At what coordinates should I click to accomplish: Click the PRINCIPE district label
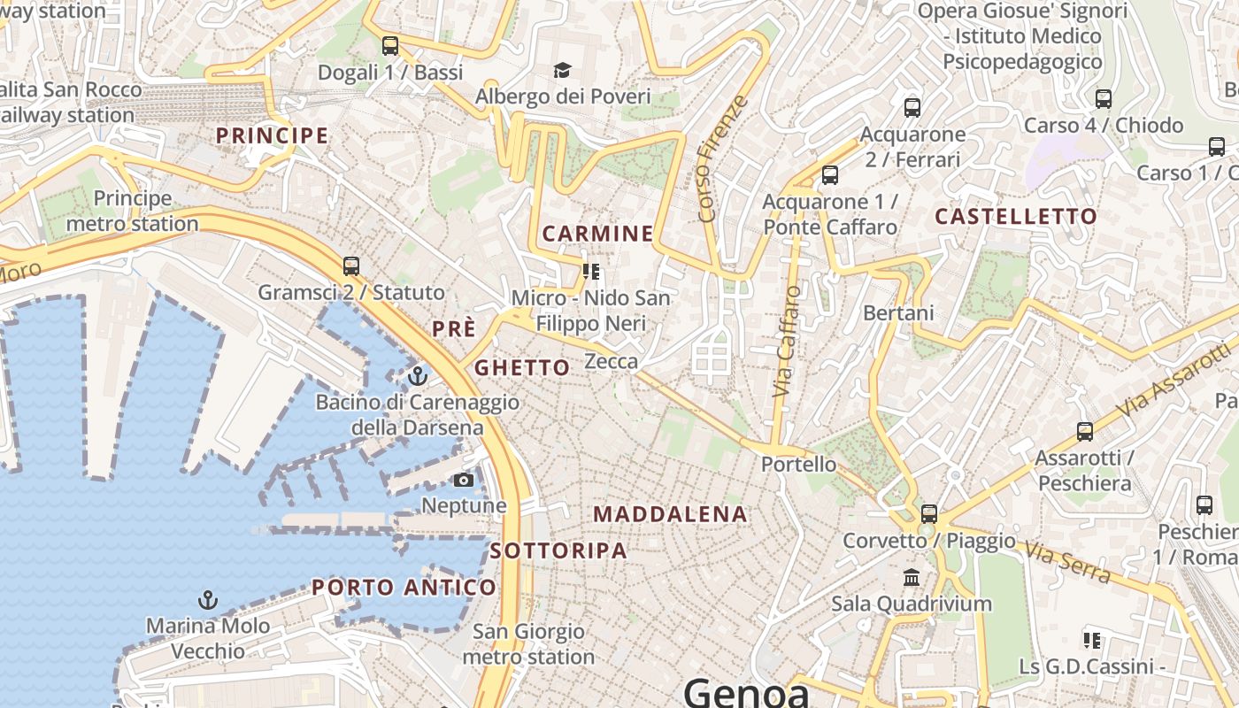tap(273, 135)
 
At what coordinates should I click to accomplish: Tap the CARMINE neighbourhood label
tap(597, 234)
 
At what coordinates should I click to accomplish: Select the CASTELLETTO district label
tap(1016, 216)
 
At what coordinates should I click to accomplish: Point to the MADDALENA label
tap(670, 514)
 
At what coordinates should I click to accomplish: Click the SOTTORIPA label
tap(558, 550)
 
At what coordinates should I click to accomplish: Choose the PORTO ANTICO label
tap(404, 587)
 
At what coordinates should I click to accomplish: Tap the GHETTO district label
tap(522, 367)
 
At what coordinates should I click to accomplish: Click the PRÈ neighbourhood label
tap(454, 328)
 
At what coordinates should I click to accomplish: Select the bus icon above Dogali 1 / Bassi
tap(390, 46)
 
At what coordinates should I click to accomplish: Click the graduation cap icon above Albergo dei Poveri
tap(562, 70)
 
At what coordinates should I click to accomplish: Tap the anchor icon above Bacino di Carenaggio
tap(417, 377)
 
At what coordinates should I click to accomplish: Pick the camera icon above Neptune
tap(463, 481)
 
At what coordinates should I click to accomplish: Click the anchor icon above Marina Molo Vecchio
tap(207, 600)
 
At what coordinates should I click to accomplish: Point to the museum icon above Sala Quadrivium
tap(911, 578)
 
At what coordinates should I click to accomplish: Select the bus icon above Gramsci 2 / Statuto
tap(351, 265)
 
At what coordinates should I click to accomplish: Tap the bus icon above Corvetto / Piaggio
tap(929, 513)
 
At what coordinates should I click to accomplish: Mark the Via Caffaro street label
tap(786, 340)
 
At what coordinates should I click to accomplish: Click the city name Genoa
tap(746, 692)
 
